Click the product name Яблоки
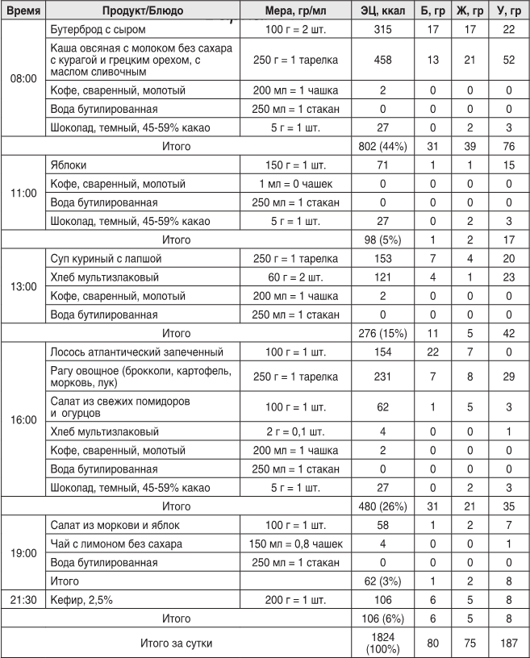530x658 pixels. click(x=69, y=164)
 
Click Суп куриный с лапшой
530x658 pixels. click(x=106, y=259)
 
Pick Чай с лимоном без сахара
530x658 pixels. click(x=116, y=543)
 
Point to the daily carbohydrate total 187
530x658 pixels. click(x=508, y=641)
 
